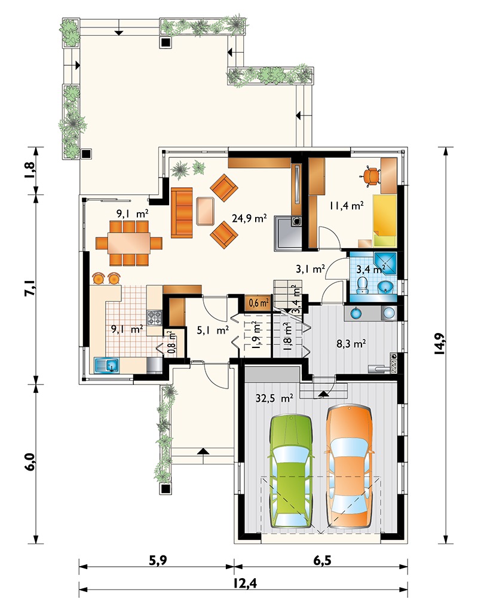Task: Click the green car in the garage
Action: (x=292, y=471)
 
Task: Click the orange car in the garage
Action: (x=349, y=466)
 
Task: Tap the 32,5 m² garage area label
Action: (x=275, y=398)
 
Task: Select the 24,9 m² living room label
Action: (x=249, y=218)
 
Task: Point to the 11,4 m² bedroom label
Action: (x=347, y=205)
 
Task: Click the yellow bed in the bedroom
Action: (x=385, y=221)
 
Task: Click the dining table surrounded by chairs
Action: (x=129, y=243)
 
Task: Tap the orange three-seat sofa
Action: (x=182, y=213)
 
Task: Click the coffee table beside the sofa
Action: (x=206, y=211)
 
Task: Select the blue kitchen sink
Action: (x=107, y=365)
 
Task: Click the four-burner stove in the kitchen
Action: (x=154, y=317)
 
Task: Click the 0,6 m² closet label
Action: (x=259, y=303)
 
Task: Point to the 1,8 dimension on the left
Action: (x=30, y=170)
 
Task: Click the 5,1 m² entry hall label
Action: (x=213, y=331)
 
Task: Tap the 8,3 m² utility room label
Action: (x=351, y=344)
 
